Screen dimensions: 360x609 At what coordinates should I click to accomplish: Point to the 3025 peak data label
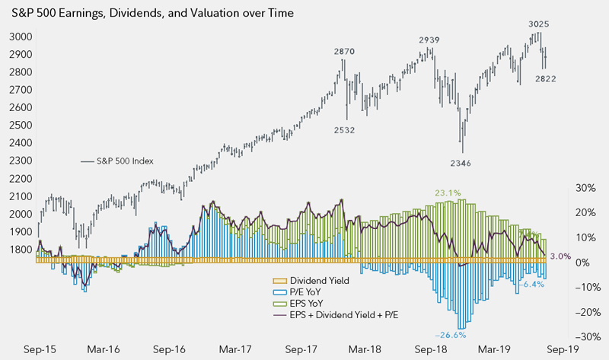[x=539, y=24]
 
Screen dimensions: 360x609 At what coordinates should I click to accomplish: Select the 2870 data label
[x=346, y=51]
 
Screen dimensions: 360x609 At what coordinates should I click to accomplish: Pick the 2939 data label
[x=432, y=40]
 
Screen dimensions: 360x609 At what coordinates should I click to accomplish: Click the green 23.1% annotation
[x=448, y=193]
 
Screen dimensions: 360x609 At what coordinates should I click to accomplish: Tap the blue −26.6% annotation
[x=451, y=334]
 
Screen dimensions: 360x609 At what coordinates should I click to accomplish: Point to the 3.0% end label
[x=560, y=256]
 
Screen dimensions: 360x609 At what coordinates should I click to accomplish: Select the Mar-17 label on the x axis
[x=235, y=350]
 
